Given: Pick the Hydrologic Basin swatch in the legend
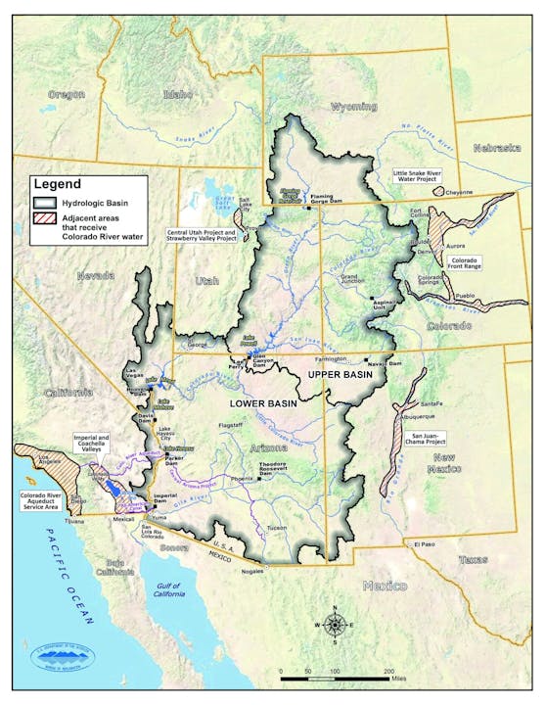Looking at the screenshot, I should point(45,200).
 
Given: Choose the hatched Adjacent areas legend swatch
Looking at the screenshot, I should point(45,219).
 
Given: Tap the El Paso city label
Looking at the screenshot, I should point(423,542).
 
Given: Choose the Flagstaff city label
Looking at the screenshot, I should point(232,426).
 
